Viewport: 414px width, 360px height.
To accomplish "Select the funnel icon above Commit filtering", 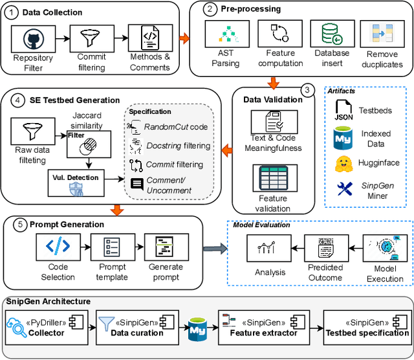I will click(87, 37).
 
